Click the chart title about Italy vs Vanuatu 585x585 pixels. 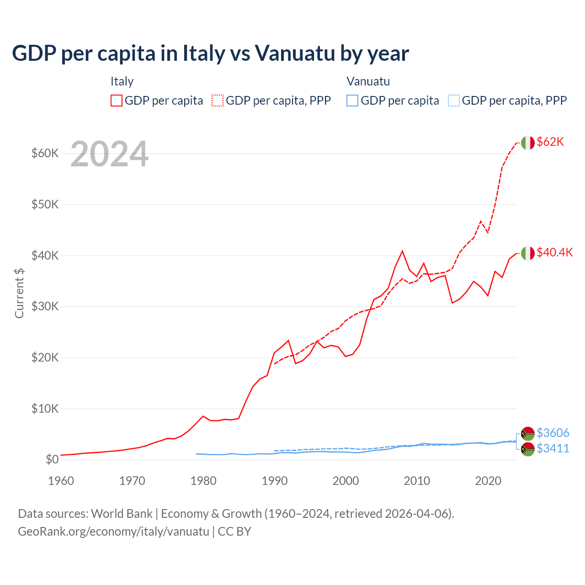[x=210, y=53]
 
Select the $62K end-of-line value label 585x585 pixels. [x=550, y=142]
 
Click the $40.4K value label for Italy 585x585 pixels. [x=554, y=253]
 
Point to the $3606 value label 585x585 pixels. [x=553, y=433]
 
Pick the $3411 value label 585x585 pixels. [x=553, y=448]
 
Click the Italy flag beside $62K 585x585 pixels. [x=528, y=143]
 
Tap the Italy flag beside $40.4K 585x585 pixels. [x=528, y=253]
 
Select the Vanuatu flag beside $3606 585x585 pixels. [x=528, y=433]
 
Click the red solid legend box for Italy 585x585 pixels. [x=117, y=101]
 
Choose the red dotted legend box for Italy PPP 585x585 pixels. [x=218, y=101]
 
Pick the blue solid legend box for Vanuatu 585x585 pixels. [x=352, y=101]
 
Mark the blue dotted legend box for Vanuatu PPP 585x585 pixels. [x=454, y=101]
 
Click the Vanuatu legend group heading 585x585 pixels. [x=368, y=81]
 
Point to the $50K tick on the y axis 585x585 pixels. [x=45, y=204]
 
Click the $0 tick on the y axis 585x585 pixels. [x=52, y=459]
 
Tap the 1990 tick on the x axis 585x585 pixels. [x=275, y=481]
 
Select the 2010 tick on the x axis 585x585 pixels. [x=417, y=481]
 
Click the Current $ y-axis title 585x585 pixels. [x=19, y=293]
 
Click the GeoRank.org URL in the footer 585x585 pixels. [x=113, y=532]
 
